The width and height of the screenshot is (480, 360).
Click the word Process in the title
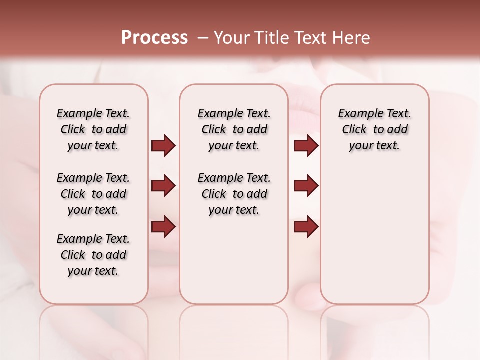coord(154,38)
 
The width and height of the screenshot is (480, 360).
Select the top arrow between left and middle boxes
coord(163,146)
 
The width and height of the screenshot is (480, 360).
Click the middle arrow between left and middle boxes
coord(163,186)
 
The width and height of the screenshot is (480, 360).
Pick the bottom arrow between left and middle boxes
coord(163,226)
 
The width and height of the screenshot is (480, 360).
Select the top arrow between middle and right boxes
coord(306,146)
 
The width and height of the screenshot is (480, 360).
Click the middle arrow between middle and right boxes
coord(306,186)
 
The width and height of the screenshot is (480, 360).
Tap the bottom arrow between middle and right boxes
coord(306,226)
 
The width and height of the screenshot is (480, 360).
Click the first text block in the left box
coord(93,129)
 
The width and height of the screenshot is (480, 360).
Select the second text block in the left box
coord(93,194)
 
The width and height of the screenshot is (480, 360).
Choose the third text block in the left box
coord(93,255)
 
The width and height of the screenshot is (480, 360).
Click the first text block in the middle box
coord(234,129)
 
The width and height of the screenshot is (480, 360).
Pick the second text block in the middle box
coord(234,194)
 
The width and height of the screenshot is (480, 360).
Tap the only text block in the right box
coord(374,129)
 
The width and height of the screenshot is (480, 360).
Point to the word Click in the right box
coord(354,130)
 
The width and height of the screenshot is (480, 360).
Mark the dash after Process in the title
coord(203,38)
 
